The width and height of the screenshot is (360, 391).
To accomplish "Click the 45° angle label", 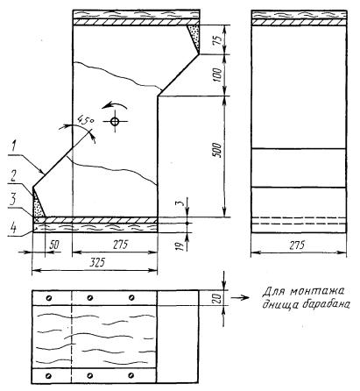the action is (85, 121).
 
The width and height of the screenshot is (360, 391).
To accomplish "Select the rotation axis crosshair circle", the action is (115, 121).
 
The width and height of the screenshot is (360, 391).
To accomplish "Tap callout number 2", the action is (12, 176).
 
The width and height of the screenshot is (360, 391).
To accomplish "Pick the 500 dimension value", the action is (217, 150).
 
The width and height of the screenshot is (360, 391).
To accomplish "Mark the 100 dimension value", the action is (217, 75).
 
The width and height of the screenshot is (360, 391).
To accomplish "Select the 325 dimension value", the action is (97, 263).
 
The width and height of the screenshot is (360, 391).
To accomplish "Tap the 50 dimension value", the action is (54, 245).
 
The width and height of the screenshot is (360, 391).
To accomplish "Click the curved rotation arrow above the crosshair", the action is (114, 106).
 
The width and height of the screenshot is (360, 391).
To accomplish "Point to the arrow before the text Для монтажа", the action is (240, 298).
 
